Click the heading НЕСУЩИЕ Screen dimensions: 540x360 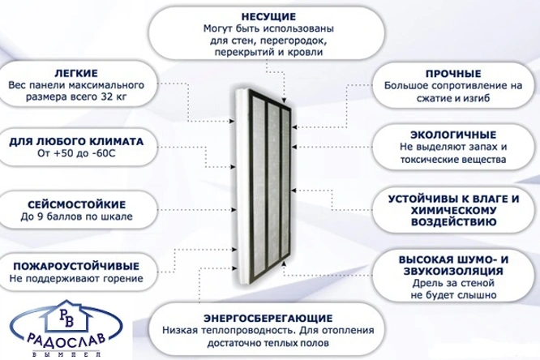tap(268, 16)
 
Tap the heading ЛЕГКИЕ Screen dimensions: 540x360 tap(76, 73)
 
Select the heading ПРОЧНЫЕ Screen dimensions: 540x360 tap(453, 74)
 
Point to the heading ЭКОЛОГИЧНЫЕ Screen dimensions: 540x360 tap(453, 135)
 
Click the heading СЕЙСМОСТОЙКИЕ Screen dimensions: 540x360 tap(76, 204)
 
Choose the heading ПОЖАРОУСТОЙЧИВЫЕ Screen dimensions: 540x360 tap(76, 266)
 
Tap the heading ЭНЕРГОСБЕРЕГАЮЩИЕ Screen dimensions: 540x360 tap(268, 318)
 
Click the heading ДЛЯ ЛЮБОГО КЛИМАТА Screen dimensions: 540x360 tap(76, 141)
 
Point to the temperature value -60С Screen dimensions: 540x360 tap(104, 153)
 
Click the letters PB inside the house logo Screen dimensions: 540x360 tap(66, 318)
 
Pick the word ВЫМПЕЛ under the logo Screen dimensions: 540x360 tap(66, 354)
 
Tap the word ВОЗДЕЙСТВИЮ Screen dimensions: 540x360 tap(453, 221)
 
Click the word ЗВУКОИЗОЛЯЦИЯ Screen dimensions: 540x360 tap(453, 271)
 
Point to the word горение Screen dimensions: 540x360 tap(123, 279)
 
